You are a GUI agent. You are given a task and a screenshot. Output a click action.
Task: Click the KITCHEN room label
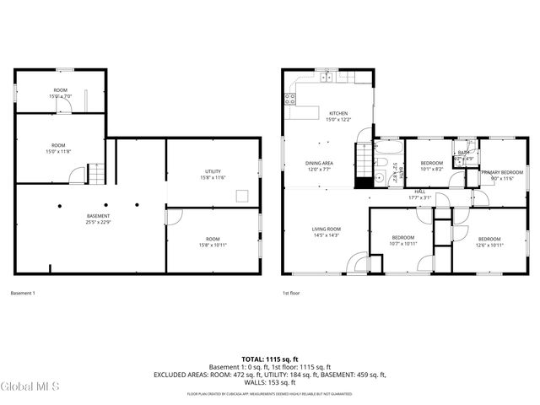pyautogui.click(x=337, y=113)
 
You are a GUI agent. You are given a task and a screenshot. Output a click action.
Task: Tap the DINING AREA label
pyautogui.click(x=319, y=163)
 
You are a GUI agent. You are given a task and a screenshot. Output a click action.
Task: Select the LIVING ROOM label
pyautogui.click(x=326, y=229)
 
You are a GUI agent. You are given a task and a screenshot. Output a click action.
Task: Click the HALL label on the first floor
pyautogui.click(x=419, y=192)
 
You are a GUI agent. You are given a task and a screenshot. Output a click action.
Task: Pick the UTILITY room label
pyautogui.click(x=212, y=171)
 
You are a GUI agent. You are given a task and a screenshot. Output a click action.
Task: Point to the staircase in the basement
pyautogui.click(x=98, y=174)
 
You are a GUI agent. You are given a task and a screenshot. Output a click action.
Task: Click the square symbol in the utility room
pyautogui.click(x=242, y=197)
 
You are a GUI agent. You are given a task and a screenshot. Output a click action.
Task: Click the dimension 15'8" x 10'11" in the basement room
pyautogui.click(x=212, y=245)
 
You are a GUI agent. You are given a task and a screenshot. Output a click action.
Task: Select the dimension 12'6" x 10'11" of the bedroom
pyautogui.click(x=489, y=245)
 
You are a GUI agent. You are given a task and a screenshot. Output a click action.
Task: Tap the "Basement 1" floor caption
pyautogui.click(x=23, y=293)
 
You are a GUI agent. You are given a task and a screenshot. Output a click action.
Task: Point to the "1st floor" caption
pyautogui.click(x=290, y=293)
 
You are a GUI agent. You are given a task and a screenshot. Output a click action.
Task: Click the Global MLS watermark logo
pyautogui.click(x=30, y=387)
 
